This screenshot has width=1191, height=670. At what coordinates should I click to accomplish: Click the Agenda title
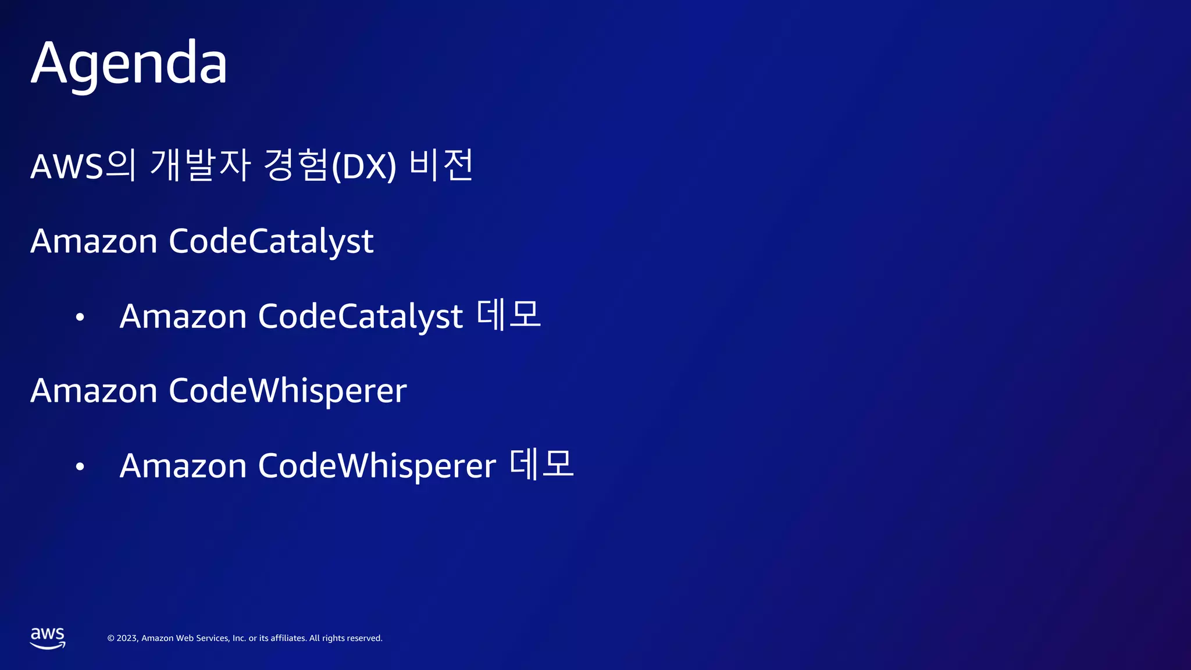[129, 63]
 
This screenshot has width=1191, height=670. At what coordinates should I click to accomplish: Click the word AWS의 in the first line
[83, 166]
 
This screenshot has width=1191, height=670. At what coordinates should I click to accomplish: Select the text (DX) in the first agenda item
[363, 167]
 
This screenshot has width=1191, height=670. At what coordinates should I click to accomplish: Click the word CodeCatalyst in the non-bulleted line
[271, 241]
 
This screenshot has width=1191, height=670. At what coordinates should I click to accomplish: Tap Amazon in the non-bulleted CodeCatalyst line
[94, 241]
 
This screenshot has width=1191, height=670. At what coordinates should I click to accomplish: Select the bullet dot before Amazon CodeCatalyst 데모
[80, 318]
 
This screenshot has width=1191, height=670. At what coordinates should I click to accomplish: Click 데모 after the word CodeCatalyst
[509, 316]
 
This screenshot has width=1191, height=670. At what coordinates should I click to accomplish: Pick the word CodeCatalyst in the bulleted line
[360, 317]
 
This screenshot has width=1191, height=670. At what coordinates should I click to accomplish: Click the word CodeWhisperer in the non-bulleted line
[287, 391]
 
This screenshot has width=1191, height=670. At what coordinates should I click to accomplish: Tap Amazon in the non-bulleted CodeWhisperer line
[94, 391]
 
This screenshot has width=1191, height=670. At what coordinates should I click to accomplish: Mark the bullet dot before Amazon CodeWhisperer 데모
[80, 466]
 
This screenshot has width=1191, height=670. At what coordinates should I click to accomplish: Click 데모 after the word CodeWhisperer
[541, 465]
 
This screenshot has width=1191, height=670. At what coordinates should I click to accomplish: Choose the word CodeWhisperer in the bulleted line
[377, 466]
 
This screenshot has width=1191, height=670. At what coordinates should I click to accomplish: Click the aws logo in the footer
[48, 638]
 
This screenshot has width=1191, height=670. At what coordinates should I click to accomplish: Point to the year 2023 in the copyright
[127, 638]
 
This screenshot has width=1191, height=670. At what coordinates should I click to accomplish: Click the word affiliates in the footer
[288, 638]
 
